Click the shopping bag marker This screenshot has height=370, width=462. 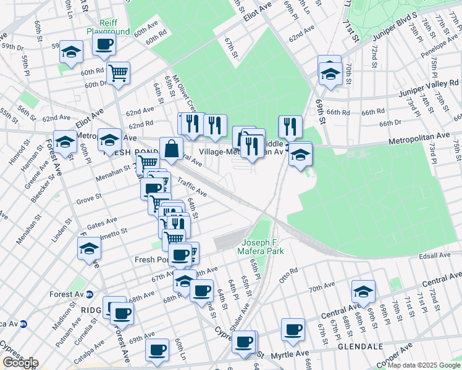point(171,149)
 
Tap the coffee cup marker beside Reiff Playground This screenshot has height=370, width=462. point(104,44)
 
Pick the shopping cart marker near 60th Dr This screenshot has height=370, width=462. point(117,73)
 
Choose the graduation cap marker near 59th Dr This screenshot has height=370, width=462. point(72,52)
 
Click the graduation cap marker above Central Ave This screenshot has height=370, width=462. point(363,292)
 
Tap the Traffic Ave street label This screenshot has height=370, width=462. point(192,187)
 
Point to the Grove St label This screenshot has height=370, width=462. point(88,200)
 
